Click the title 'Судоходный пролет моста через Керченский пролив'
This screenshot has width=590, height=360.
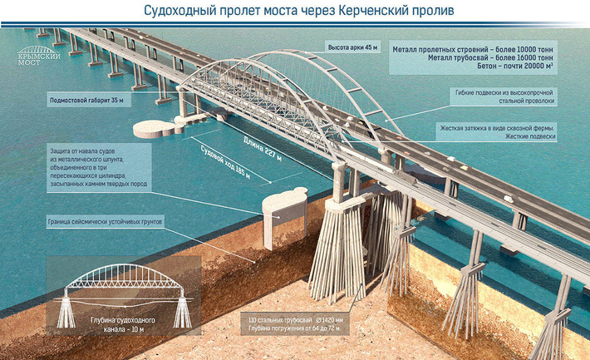pos(294,11)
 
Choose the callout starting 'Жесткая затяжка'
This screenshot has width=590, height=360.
pos(497,131)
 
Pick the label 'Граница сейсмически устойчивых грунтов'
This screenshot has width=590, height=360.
pos(107,223)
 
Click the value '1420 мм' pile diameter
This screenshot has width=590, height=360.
pos(335,320)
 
